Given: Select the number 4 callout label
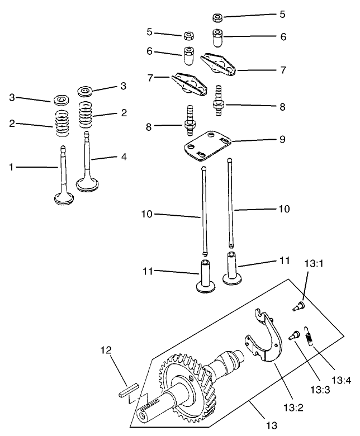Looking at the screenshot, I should tap(124, 157).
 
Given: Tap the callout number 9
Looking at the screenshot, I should tap(282, 139).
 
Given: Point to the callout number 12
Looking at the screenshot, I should tap(107, 350).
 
